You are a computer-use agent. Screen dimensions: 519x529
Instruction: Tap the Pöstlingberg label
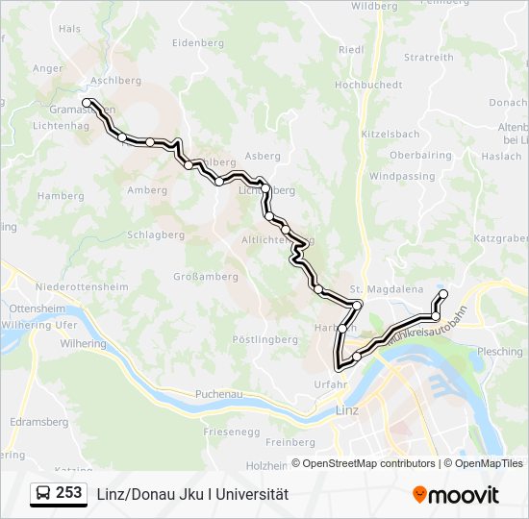point(265,339)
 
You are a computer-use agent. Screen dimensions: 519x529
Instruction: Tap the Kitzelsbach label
point(389,134)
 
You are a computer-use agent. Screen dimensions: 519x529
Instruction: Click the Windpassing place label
point(402,177)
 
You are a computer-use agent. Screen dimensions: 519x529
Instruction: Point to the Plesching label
point(500,352)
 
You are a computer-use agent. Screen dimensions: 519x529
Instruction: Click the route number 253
point(68,493)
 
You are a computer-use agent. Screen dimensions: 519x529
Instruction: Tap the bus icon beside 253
point(43,494)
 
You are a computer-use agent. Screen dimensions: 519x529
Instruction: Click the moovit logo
point(456,495)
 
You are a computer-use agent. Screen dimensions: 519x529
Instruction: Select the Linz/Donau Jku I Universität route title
point(192,494)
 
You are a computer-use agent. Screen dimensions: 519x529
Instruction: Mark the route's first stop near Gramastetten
point(87,102)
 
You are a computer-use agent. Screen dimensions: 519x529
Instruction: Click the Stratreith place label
point(428,58)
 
